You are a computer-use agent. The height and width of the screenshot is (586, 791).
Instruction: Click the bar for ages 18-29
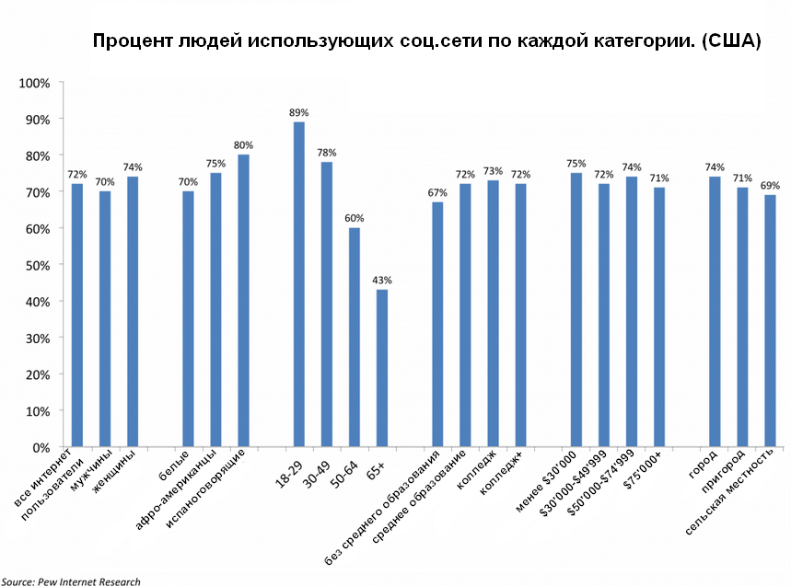298,284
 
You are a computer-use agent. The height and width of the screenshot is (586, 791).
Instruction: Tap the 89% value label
298,112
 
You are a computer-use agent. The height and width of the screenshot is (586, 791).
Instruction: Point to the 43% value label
381,280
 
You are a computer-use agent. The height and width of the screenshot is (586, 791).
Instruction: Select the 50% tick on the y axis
36,265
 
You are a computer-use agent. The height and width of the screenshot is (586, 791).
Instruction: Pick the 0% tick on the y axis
39,447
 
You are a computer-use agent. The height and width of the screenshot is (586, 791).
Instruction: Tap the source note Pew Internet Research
71,580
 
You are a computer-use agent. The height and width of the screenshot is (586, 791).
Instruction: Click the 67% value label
437,192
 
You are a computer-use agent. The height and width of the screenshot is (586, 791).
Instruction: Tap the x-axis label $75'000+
644,469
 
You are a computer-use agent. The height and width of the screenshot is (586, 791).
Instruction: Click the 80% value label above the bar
243,145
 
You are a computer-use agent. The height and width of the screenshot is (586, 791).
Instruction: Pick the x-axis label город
702,466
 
